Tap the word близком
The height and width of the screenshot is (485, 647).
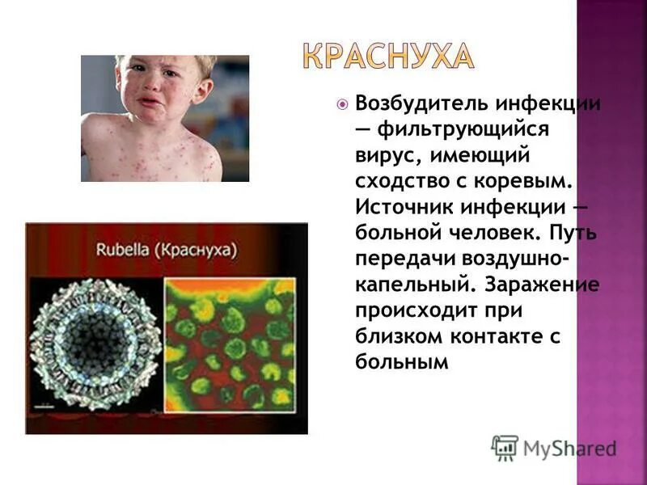coord(395,337)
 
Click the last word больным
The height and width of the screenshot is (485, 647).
coord(401,362)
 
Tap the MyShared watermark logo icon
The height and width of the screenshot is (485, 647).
coord(505,447)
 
